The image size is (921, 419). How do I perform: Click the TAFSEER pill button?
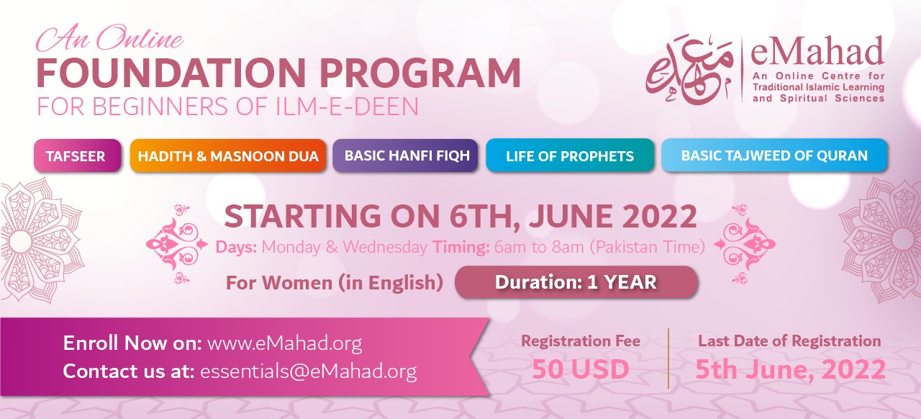(x=77, y=156)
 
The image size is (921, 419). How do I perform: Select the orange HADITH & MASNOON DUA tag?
(x=228, y=156)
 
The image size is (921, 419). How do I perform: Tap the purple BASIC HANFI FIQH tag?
(x=405, y=156)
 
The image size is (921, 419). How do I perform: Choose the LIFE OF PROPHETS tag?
(x=570, y=156)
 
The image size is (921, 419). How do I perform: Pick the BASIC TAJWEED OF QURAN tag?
(x=774, y=156)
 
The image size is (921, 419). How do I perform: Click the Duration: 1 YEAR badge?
(x=576, y=282)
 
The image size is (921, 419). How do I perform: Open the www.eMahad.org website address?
(x=284, y=343)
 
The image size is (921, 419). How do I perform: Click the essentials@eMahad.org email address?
(x=309, y=371)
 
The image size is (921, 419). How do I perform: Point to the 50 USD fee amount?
(x=581, y=369)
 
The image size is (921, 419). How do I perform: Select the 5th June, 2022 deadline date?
(x=790, y=369)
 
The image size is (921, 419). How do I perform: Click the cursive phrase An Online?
(x=109, y=39)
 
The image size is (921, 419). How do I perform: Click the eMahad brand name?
(x=817, y=51)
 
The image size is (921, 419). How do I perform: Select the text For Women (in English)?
(x=335, y=283)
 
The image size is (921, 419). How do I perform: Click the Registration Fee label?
(x=581, y=341)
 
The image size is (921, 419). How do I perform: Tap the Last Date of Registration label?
(x=789, y=341)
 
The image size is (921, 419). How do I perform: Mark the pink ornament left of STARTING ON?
(x=177, y=245)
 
